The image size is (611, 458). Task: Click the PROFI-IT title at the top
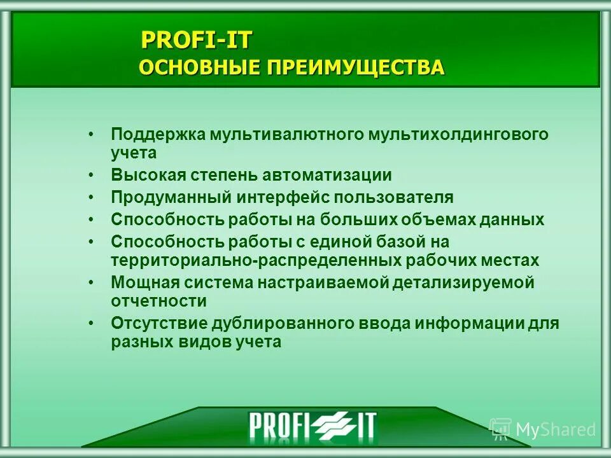196,40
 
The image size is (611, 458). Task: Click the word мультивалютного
283,135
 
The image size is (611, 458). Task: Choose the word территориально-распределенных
256,261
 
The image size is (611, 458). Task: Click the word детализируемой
463,283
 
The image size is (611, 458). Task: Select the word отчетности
158,302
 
